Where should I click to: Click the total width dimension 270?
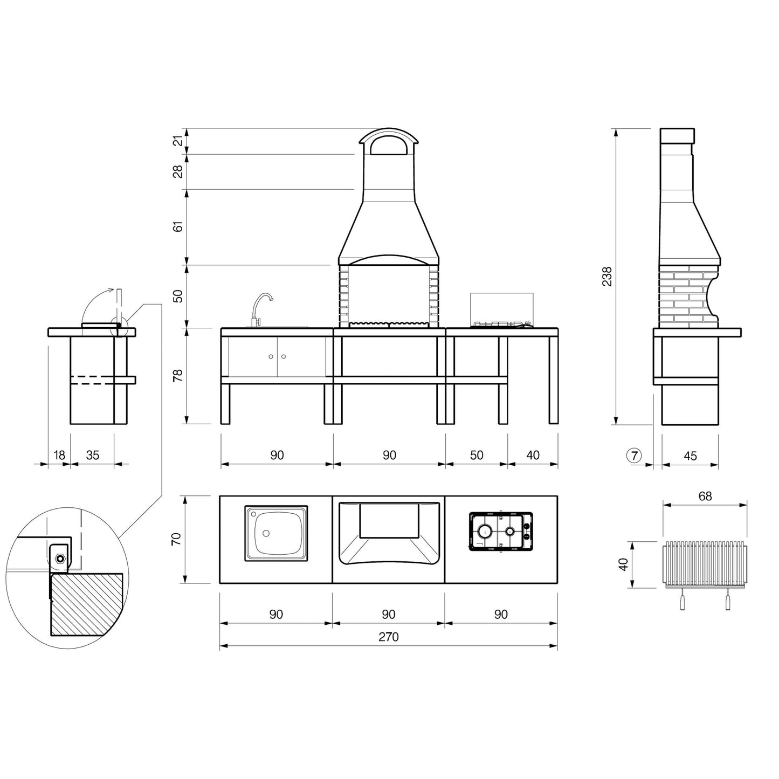click(x=388, y=637)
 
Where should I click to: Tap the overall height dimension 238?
click(x=608, y=276)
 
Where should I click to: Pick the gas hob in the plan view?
click(x=501, y=532)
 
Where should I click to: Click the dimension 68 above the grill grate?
click(x=705, y=496)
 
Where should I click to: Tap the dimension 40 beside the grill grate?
click(x=624, y=565)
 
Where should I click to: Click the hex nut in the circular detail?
click(x=60, y=557)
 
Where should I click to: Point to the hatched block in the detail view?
click(x=86, y=604)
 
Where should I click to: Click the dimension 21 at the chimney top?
click(x=177, y=141)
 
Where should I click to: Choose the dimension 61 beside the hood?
click(x=177, y=226)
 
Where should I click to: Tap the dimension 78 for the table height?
click(x=177, y=375)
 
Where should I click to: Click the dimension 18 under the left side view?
click(x=59, y=456)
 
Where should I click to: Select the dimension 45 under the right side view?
click(x=690, y=456)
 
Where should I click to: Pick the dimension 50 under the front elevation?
click(x=477, y=456)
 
